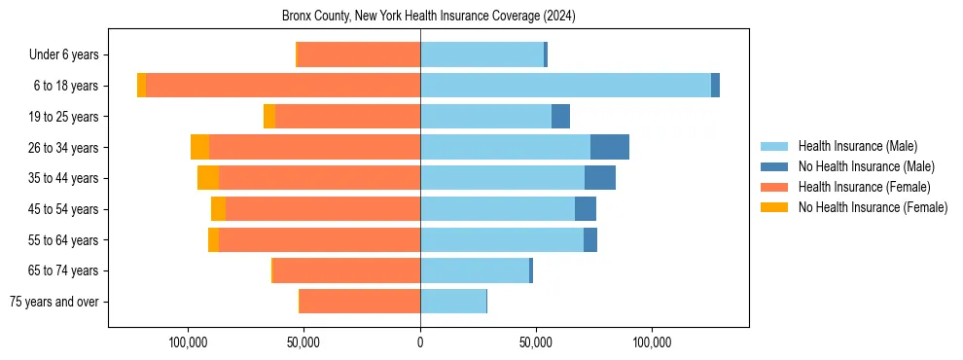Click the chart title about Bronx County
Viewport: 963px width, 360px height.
429,16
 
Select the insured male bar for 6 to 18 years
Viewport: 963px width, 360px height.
565,86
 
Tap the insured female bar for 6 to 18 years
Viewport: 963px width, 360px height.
283,86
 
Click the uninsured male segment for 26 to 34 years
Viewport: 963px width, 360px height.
610,147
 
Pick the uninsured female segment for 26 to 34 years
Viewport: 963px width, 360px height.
199,147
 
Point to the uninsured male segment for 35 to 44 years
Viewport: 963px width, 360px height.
600,178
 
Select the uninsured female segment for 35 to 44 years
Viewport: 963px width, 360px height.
208,178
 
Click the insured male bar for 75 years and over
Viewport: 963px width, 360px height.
453,302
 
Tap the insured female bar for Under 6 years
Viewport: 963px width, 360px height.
359,54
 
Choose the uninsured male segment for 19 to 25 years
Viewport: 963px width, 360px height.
560,117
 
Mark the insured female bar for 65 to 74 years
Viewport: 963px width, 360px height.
347,270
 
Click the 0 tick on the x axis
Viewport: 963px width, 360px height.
420,342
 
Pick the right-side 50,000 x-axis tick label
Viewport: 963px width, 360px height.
536,342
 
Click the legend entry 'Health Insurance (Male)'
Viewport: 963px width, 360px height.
857,146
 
